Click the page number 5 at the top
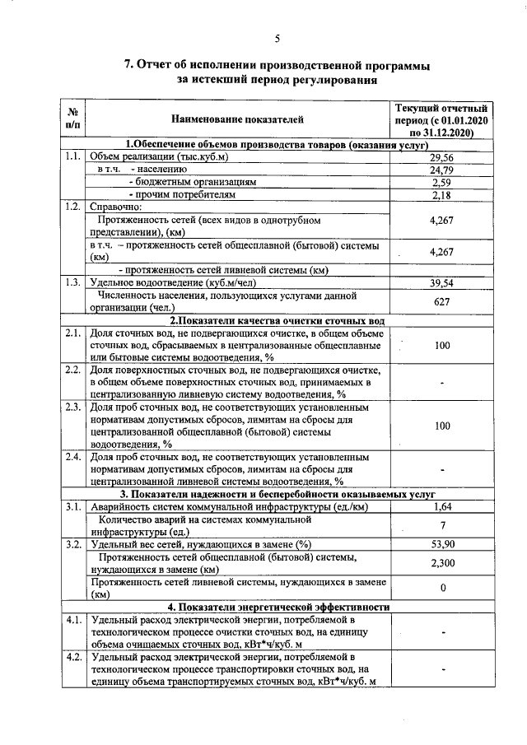[x=277, y=38]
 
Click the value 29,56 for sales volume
[x=442, y=157]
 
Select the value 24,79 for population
[x=442, y=170]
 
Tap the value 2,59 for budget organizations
[x=442, y=182]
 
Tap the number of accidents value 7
[x=442, y=525]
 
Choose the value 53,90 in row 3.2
[x=442, y=544]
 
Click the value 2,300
[x=442, y=563]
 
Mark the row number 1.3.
[x=72, y=282]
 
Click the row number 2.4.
[x=72, y=456]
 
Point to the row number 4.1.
[x=72, y=619]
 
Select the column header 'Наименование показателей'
[x=237, y=120]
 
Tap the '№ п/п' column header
[x=72, y=120]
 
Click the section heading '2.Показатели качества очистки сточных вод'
[x=277, y=320]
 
